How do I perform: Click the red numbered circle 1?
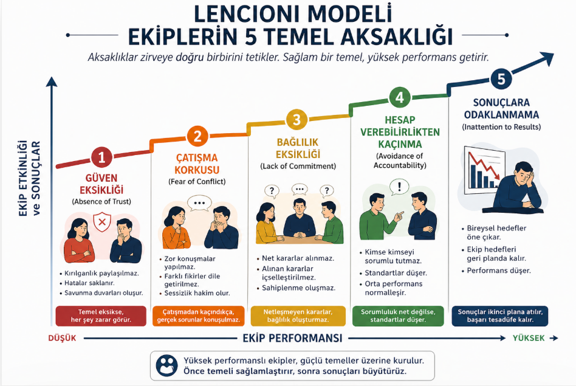coord(101,157)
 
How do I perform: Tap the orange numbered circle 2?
coord(197,136)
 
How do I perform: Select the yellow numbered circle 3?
coord(297,119)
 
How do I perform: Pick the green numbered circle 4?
coord(399,97)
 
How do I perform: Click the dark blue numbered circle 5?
coord(501,78)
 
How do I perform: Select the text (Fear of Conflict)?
coord(197,182)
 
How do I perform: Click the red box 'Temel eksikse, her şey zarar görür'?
coord(101,316)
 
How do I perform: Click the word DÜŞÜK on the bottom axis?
coord(62,338)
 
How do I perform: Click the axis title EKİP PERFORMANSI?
coord(293,337)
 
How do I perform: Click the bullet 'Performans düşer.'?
coord(498,270)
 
